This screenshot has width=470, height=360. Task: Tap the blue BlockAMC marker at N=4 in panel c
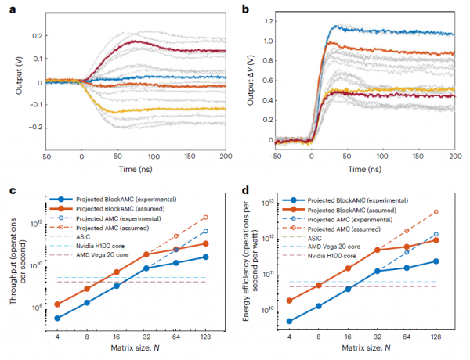pyautogui.click(x=58, y=318)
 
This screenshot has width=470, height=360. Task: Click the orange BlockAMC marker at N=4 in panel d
pyautogui.click(x=290, y=300)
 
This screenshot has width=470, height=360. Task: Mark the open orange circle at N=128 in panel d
pyautogui.click(x=436, y=211)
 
